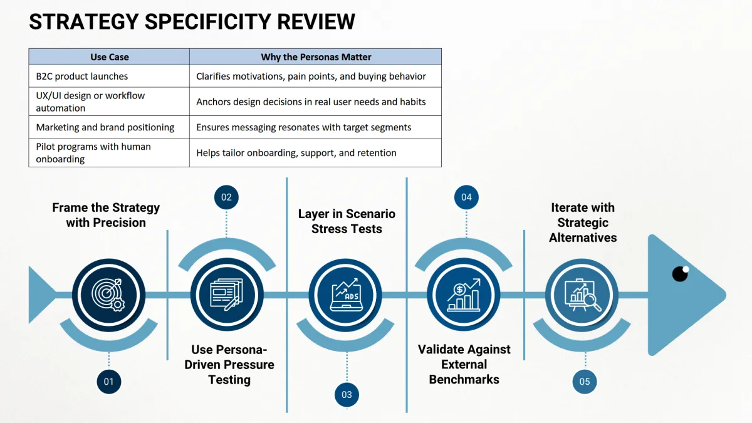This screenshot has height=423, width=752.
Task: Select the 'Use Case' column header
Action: pyautogui.click(x=110, y=57)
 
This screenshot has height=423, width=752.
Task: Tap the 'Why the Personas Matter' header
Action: pyautogui.click(x=316, y=57)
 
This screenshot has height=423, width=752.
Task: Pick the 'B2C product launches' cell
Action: pyautogui.click(x=109, y=76)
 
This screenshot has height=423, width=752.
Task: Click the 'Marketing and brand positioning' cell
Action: pyautogui.click(x=109, y=127)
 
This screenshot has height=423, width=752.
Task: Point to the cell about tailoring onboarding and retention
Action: pyautogui.click(x=316, y=153)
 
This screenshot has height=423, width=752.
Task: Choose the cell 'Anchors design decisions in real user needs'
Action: pyautogui.click(x=316, y=102)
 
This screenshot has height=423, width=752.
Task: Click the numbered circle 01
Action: pyautogui.click(x=109, y=382)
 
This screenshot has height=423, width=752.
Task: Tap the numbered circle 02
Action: pyautogui.click(x=226, y=197)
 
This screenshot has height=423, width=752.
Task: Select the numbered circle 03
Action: pyautogui.click(x=347, y=394)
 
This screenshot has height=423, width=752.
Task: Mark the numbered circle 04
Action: pyautogui.click(x=466, y=197)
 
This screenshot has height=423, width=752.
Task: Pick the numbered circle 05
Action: pyautogui.click(x=585, y=382)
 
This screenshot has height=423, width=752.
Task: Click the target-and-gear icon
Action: pyautogui.click(x=108, y=295)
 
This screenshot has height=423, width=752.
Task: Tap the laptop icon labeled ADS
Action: pyautogui.click(x=345, y=295)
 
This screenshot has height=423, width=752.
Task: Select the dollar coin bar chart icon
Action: pyautogui.click(x=464, y=295)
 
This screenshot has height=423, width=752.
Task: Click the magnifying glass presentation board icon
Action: pyautogui.click(x=582, y=295)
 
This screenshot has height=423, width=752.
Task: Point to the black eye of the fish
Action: pyautogui.click(x=681, y=274)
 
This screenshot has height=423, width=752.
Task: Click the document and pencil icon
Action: pyautogui.click(x=226, y=295)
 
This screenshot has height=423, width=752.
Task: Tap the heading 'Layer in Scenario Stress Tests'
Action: pyautogui.click(x=347, y=221)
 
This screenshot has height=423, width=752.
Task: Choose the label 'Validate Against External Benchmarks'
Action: pyautogui.click(x=464, y=364)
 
